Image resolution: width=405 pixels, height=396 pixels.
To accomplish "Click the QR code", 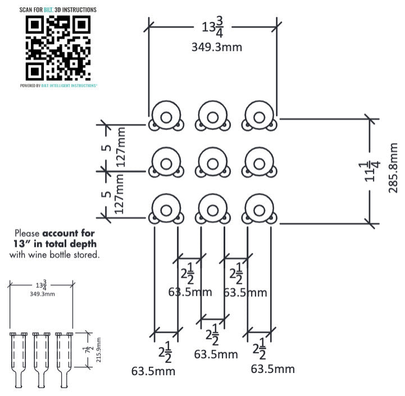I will tap(58, 48).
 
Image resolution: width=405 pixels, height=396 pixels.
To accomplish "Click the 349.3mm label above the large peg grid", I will tap(217, 47).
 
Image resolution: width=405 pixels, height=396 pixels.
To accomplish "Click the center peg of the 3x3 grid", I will tap(212, 164).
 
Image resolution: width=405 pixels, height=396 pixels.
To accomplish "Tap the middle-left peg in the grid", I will tap(165, 164).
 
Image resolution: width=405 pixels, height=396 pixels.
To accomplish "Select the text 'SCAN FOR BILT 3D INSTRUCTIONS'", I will tap(58, 10).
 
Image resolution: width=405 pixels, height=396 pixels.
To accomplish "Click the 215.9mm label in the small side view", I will tap(99, 349).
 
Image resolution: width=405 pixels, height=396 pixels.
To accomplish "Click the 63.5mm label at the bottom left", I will tap(153, 371).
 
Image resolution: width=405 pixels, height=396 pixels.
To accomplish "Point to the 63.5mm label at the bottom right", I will tap(272, 369).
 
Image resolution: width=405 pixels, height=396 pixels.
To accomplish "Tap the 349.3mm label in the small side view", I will tap(42, 294).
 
